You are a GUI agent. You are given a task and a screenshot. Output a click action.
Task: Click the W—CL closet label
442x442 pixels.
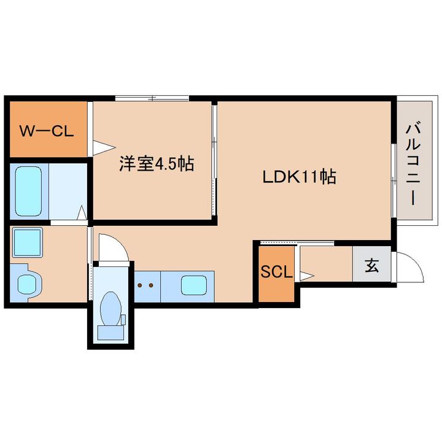pyautogui.click(x=47, y=131)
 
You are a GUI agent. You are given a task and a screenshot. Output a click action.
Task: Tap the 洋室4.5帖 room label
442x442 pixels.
pyautogui.click(x=157, y=163)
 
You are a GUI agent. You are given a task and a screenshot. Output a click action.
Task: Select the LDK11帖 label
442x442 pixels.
pyautogui.click(x=300, y=177)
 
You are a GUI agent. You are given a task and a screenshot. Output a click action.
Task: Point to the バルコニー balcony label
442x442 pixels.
pyautogui.click(x=413, y=163)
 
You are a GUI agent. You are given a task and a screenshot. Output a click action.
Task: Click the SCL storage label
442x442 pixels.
pyautogui.click(x=276, y=272)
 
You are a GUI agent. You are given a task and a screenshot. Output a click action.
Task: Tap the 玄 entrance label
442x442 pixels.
pyautogui.click(x=371, y=265)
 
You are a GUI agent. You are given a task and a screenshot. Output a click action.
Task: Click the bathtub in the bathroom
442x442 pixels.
pyautogui.click(x=28, y=191)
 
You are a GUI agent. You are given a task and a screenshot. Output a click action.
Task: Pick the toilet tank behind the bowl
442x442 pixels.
pyautogui.click(x=110, y=332)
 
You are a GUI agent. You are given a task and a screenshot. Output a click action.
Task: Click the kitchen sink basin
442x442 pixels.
pyautogui.click(x=194, y=285)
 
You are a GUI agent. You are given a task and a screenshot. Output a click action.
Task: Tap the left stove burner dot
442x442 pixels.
pyautogui.click(x=140, y=285)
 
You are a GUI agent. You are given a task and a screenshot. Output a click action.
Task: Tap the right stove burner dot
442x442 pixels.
pyautogui.click(x=151, y=285)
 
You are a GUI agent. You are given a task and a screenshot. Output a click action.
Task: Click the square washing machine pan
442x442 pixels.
pyautogui.click(x=28, y=242)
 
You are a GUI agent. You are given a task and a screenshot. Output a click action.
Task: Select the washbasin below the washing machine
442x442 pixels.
pyautogui.click(x=28, y=284)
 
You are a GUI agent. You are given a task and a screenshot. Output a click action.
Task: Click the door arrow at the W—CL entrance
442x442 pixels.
pyautogui.click(x=104, y=147)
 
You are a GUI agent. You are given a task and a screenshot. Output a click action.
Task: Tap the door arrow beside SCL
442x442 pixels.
pyautogui.click(x=307, y=276)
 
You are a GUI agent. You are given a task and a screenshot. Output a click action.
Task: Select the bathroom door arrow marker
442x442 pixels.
pyautogui.click(x=82, y=212)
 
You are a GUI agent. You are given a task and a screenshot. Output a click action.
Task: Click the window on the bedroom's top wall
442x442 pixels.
pyautogui.click(x=152, y=98)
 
